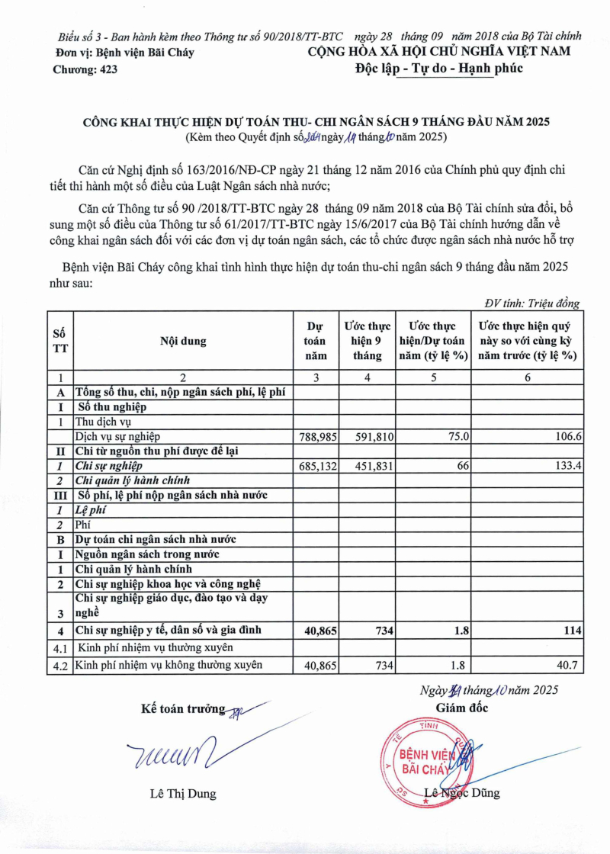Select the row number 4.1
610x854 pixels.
(59, 649)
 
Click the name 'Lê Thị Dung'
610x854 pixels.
(183, 794)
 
